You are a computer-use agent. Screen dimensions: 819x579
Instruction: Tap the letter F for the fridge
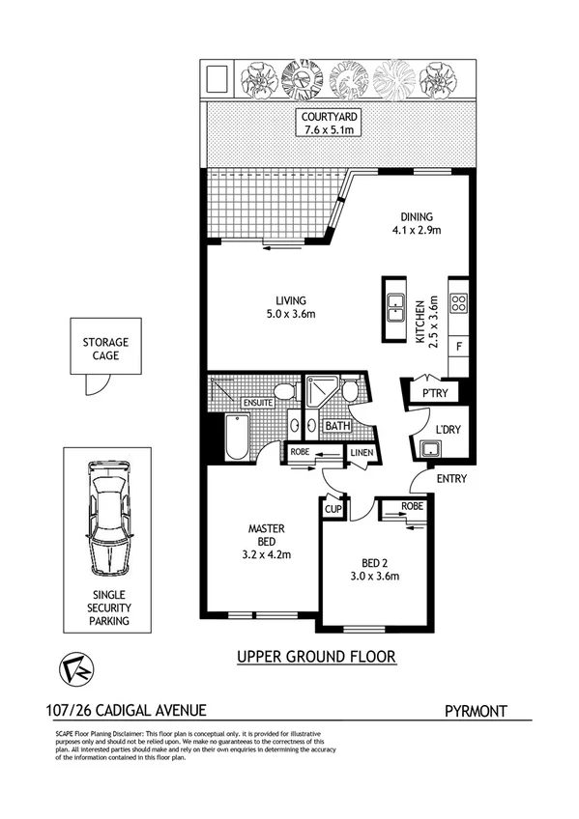459,346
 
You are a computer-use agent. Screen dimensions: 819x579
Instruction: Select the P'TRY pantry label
431,393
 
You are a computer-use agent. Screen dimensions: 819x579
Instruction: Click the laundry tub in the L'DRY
427,449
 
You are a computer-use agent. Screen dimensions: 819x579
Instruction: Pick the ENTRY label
449,478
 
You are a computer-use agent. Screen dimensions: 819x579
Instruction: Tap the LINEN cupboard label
361,452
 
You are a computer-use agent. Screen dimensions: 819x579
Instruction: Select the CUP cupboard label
334,508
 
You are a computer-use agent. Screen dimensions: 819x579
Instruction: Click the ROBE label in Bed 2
413,505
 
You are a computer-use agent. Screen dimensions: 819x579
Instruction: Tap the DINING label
417,216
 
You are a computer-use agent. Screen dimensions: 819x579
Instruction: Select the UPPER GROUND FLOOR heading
316,658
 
